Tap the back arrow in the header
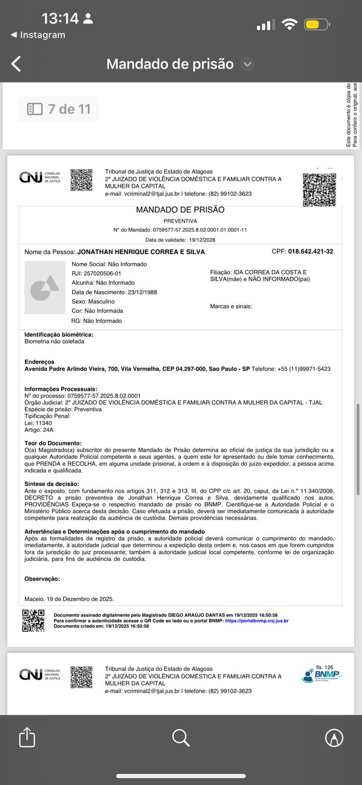point(16,64)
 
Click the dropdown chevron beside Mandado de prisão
point(248,64)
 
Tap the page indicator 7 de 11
point(58,109)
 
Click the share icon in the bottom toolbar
point(27,737)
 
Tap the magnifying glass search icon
point(181,737)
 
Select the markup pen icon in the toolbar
point(334,737)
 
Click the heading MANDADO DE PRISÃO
point(180,210)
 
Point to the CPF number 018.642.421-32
point(310,252)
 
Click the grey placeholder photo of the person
point(45,288)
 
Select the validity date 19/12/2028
point(202,240)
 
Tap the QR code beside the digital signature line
point(33,620)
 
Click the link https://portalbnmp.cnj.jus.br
point(257,621)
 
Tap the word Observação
point(42,579)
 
